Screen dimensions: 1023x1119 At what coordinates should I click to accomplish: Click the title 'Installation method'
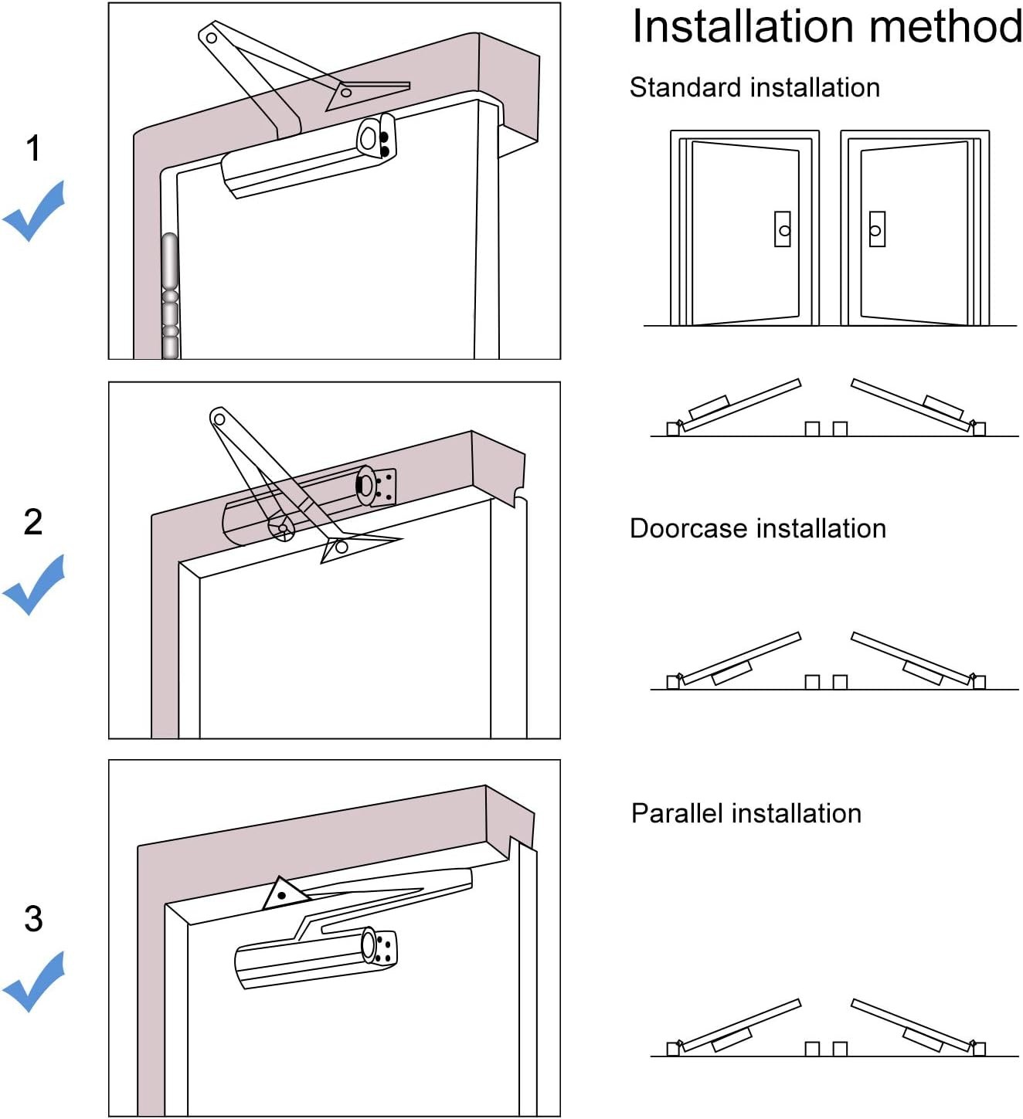click(x=827, y=26)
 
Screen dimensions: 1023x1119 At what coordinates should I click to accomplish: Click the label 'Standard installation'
click(x=755, y=87)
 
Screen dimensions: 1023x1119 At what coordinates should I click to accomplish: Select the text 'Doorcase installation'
click(x=758, y=528)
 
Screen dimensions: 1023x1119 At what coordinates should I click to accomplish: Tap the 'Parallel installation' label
click(x=746, y=813)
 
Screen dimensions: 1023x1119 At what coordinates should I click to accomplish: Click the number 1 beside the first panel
click(x=33, y=148)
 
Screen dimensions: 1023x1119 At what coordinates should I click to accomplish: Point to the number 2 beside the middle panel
click(x=33, y=522)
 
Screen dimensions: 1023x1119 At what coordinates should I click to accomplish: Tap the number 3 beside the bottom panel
click(x=33, y=918)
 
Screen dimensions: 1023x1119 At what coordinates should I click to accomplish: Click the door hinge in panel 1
click(x=170, y=296)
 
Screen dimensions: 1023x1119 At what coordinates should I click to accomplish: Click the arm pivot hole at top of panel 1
click(x=212, y=38)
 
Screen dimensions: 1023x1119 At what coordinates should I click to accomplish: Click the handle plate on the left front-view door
click(x=783, y=229)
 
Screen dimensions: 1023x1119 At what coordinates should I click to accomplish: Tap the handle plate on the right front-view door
click(x=877, y=229)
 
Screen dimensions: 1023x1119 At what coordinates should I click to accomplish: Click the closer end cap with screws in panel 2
click(x=377, y=487)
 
